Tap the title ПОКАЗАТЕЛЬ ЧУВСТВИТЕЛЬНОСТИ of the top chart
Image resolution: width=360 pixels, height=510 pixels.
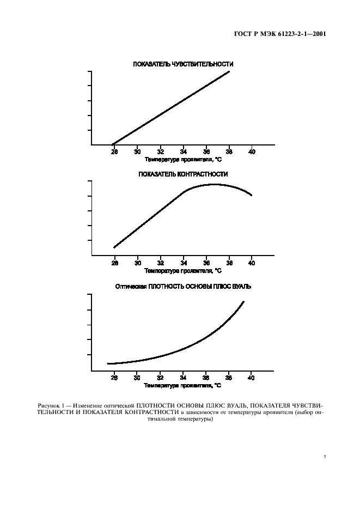(183, 64)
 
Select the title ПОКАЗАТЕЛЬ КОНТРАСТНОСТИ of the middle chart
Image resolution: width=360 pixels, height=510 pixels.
(183, 174)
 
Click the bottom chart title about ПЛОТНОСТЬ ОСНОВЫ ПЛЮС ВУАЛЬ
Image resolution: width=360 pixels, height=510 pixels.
(183, 286)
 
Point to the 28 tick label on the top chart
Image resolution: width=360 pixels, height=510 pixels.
(114, 152)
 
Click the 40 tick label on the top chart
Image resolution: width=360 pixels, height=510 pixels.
(252, 152)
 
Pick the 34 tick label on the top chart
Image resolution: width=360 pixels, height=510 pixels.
(183, 152)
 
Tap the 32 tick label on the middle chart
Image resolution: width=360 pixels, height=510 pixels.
(160, 262)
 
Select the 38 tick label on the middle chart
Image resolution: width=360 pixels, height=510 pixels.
(229, 262)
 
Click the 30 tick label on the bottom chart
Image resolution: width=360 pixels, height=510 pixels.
(137, 377)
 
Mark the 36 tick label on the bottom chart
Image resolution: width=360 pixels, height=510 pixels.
(206, 377)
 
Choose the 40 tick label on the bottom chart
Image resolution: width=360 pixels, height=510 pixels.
(252, 377)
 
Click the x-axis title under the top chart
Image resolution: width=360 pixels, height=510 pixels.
(183, 160)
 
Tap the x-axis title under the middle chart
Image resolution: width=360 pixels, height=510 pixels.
(183, 270)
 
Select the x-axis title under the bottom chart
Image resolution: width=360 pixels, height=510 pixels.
(183, 385)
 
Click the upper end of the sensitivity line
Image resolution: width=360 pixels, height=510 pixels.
(229, 71)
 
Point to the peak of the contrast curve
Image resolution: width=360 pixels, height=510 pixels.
(213, 184)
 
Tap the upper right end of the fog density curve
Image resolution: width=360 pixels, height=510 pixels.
(243, 302)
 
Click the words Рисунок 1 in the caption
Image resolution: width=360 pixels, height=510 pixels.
(51, 405)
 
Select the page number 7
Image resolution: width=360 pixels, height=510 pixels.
(325, 457)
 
